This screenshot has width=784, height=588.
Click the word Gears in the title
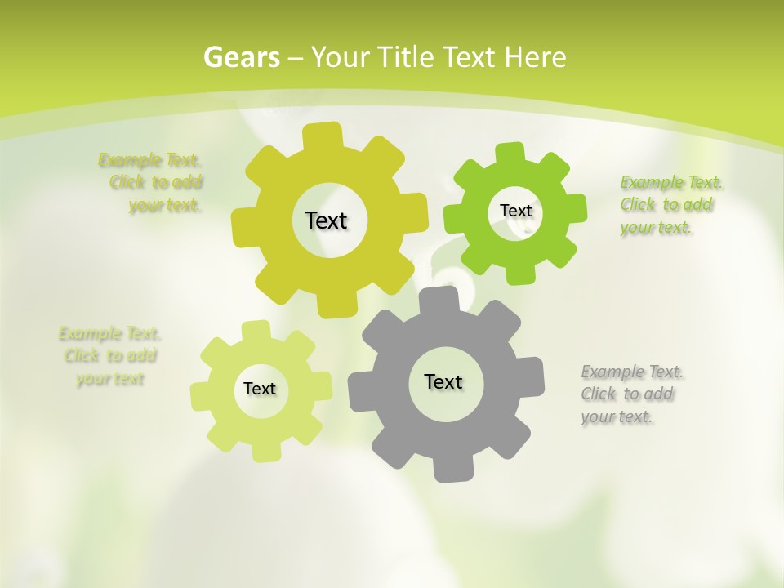(x=241, y=57)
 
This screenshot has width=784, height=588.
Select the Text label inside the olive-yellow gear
(x=326, y=220)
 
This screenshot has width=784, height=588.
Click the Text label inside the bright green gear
(x=515, y=211)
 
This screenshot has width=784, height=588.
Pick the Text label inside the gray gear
(x=443, y=381)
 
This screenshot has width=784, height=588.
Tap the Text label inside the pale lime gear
(x=260, y=389)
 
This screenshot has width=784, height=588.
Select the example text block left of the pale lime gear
(x=109, y=356)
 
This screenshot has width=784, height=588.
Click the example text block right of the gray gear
(x=631, y=394)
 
